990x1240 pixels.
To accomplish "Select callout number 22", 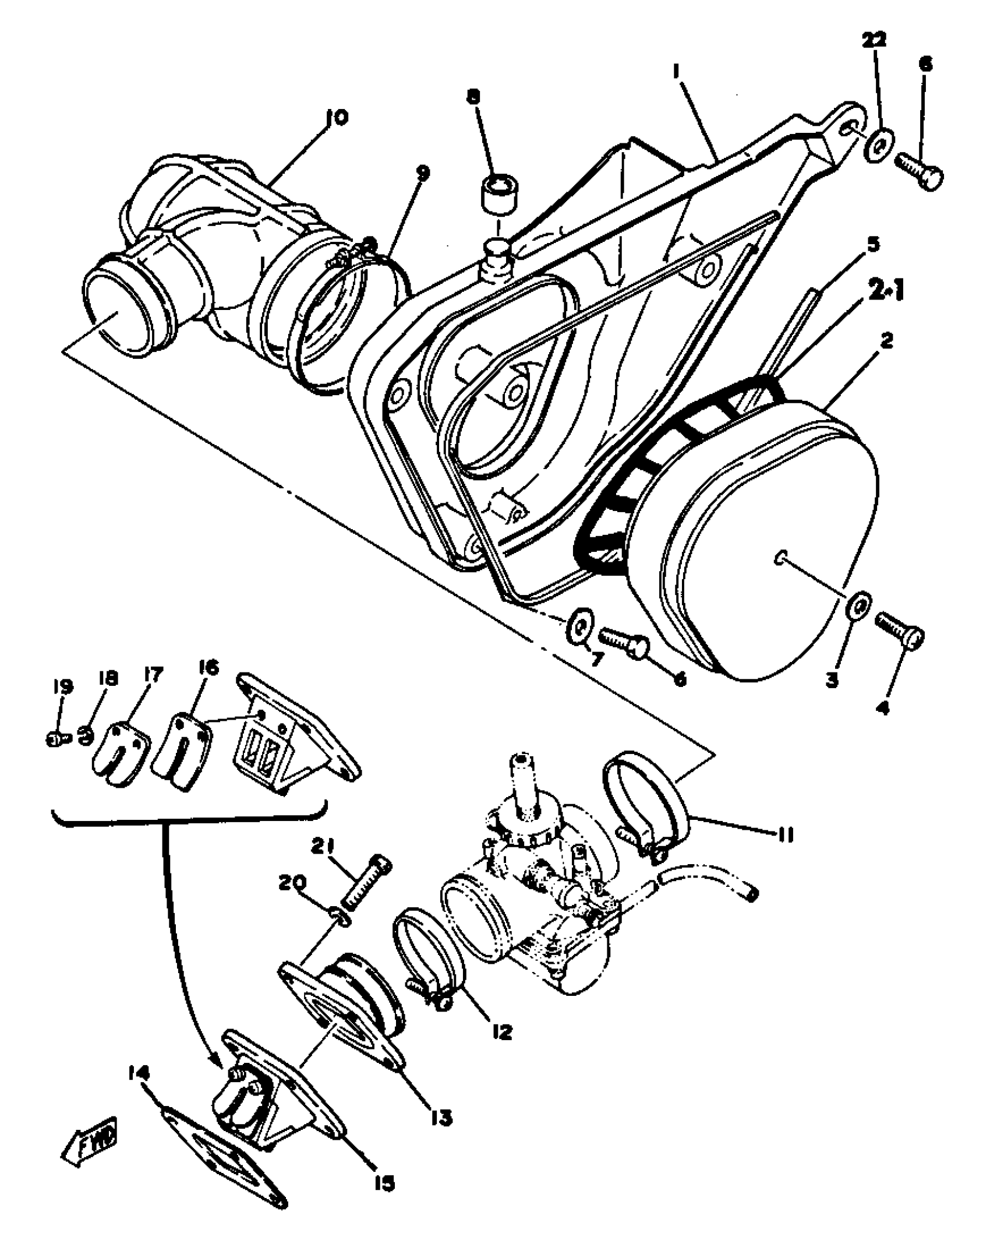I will [874, 40].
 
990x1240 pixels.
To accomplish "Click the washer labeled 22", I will [876, 149].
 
